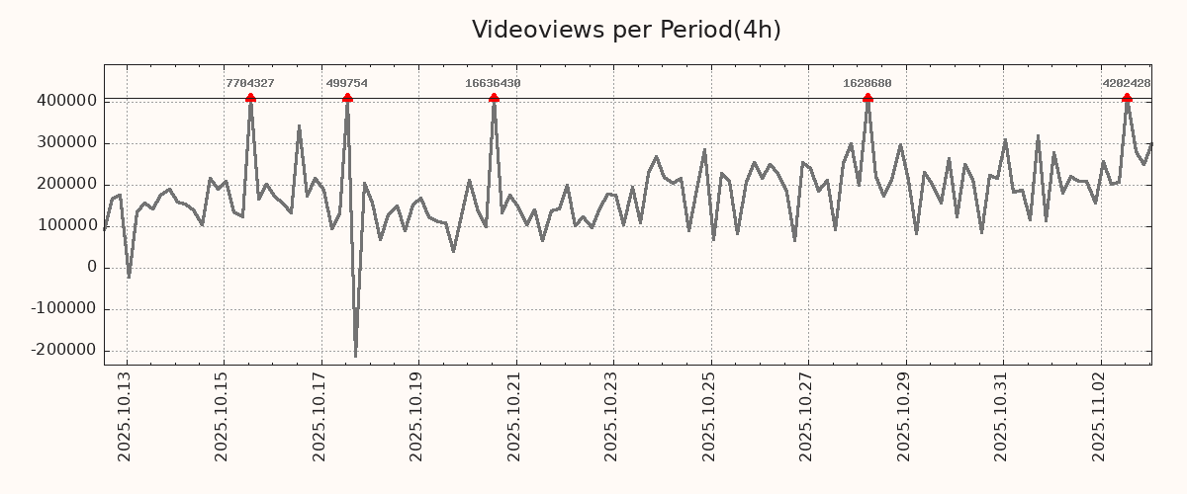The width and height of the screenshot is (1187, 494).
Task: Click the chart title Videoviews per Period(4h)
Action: (626, 30)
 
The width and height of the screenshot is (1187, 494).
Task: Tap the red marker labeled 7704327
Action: (250, 98)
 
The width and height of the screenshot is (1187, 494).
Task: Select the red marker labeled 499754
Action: (347, 98)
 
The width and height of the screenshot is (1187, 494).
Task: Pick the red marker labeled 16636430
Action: (494, 98)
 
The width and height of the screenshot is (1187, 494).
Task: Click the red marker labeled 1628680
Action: (867, 98)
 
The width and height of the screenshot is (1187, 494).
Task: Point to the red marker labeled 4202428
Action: (1127, 98)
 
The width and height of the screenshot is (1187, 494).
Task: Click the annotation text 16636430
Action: (493, 84)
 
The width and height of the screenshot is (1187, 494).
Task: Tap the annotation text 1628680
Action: (867, 84)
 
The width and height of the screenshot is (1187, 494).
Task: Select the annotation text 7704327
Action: (249, 84)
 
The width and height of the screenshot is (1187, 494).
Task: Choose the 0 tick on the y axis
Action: (92, 267)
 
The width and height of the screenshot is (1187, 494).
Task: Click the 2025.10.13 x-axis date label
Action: (125, 420)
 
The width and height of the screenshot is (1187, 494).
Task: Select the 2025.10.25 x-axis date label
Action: (708, 420)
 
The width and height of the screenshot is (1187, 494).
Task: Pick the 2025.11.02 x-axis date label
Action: (1098, 420)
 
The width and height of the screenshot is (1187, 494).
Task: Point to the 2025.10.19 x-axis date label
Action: (416, 420)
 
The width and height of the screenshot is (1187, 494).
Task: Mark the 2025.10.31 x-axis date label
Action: (1000, 420)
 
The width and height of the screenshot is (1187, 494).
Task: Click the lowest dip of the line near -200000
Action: (355, 356)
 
